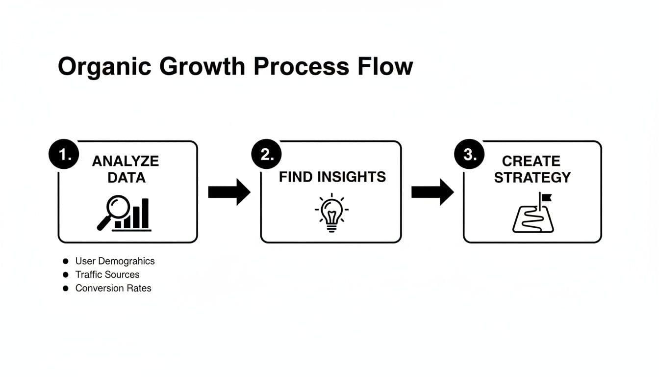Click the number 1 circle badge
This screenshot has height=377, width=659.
point(64,155)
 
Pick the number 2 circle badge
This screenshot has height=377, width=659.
point(266,155)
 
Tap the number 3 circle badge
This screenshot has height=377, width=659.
point(469,155)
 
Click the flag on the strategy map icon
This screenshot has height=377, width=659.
point(545,197)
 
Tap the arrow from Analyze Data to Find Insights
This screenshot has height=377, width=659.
point(229,192)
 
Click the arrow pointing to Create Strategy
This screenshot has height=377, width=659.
point(432,192)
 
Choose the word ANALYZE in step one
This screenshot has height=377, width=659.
point(126,161)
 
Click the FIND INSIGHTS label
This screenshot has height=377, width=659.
point(332,177)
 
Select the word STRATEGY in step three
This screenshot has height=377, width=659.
point(532,177)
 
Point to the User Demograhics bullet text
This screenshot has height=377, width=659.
point(115,261)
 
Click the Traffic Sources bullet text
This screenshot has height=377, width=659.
point(107,274)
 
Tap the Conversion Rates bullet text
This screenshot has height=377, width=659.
point(113,288)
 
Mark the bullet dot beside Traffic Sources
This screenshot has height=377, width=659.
point(66,274)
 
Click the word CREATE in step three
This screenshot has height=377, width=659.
point(531,161)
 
